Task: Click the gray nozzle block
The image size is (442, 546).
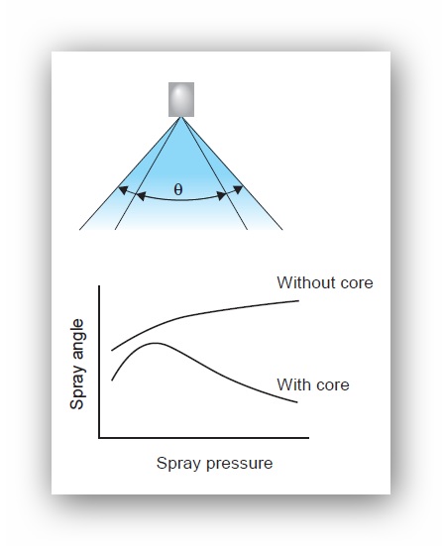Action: (x=181, y=99)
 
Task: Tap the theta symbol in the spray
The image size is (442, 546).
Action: (x=178, y=189)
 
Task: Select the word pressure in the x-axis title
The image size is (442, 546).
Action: (x=239, y=464)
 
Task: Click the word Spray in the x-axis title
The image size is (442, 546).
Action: (x=179, y=464)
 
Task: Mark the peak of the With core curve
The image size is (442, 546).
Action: (x=156, y=343)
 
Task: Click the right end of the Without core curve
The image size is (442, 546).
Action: (x=298, y=300)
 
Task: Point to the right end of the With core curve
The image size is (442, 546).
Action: (x=297, y=402)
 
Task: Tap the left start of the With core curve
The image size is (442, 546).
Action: (x=112, y=380)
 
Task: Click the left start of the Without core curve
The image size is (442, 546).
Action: (x=112, y=350)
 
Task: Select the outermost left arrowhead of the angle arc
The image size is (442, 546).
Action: (x=122, y=190)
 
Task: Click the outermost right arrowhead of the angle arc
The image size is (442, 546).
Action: (x=238, y=190)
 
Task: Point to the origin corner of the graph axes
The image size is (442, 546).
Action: (x=100, y=437)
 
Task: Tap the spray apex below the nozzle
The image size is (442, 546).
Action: (x=181, y=117)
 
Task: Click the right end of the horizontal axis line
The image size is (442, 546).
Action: (x=308, y=437)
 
